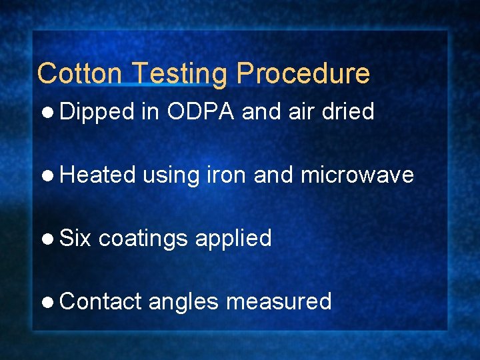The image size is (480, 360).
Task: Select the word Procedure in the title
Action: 302,73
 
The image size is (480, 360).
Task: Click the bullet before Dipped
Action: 50,113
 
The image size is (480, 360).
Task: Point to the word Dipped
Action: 97,113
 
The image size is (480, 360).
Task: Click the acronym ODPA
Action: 201,111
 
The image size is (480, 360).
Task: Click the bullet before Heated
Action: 50,175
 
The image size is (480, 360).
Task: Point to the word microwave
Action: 357,175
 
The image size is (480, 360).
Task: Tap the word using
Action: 171,176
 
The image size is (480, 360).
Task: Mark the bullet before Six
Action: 50,239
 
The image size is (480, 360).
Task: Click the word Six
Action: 76,238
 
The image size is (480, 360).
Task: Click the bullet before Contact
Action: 50,302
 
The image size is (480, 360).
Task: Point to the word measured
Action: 279,301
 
